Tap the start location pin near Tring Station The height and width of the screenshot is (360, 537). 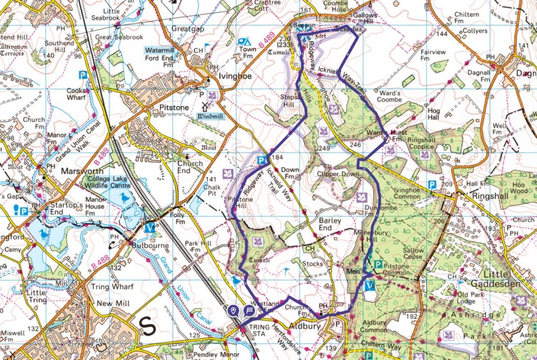coord(233,311)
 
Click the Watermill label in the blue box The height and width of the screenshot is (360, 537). coord(158,50)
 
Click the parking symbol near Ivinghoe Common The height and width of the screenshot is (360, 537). coord(432,184)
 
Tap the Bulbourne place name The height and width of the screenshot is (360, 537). coord(135,245)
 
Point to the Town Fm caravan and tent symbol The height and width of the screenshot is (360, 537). coord(243,41)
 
